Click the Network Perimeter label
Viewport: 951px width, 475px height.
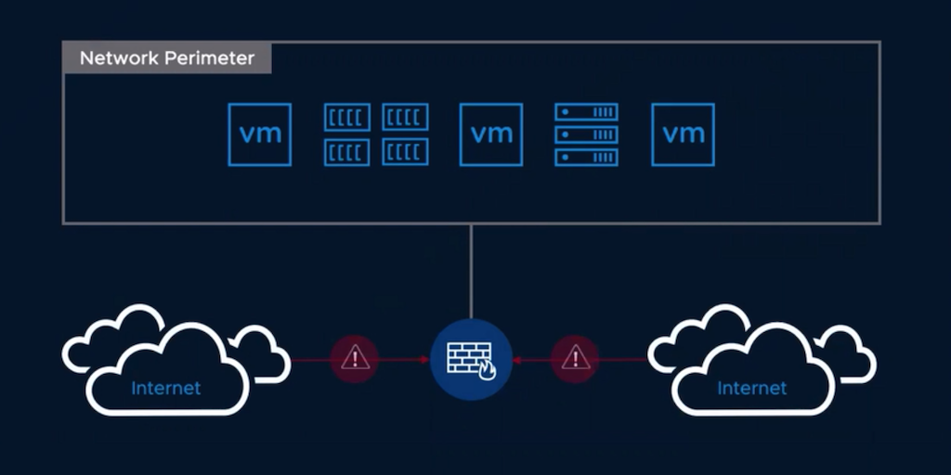point(167,58)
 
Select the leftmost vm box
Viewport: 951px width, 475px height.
point(260,135)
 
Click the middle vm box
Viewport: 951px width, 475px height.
point(491,135)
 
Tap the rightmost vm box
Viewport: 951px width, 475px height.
point(683,135)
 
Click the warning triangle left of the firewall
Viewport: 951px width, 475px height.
point(355,357)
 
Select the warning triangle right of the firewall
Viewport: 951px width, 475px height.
point(576,357)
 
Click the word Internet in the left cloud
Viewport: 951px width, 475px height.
point(165,387)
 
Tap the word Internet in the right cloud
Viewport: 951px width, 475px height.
point(752,387)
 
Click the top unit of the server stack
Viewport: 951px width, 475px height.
point(586,112)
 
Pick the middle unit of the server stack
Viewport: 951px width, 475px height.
point(586,135)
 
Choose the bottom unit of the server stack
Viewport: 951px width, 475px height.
point(586,157)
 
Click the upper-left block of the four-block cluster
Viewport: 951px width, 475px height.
point(347,117)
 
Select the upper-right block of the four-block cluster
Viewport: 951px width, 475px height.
point(405,117)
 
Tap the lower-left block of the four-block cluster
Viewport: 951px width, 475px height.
point(347,151)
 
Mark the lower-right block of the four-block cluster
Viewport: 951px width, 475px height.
point(405,151)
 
